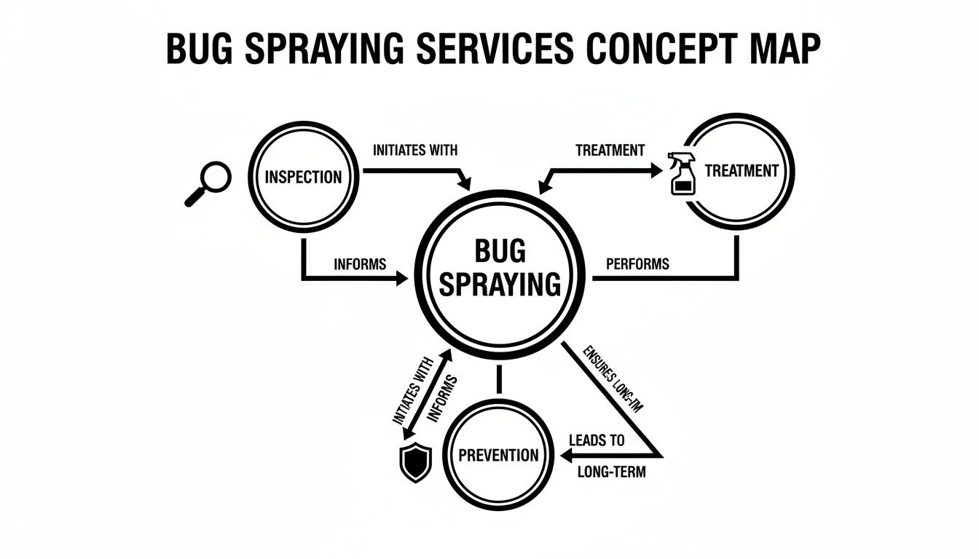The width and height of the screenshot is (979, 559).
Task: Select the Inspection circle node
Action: (x=302, y=177)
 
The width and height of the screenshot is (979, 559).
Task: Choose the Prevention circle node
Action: (x=498, y=456)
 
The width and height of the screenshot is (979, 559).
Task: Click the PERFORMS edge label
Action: (x=637, y=263)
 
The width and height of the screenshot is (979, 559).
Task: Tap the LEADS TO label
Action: (x=595, y=441)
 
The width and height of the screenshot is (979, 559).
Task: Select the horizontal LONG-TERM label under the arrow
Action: (x=610, y=472)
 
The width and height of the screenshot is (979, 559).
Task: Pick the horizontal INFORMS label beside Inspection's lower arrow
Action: (x=360, y=263)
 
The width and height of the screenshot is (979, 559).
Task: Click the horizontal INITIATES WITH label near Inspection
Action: (x=415, y=151)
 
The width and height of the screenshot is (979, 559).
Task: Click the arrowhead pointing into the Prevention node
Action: (x=565, y=456)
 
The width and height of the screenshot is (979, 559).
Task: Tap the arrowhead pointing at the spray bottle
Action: (x=657, y=172)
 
